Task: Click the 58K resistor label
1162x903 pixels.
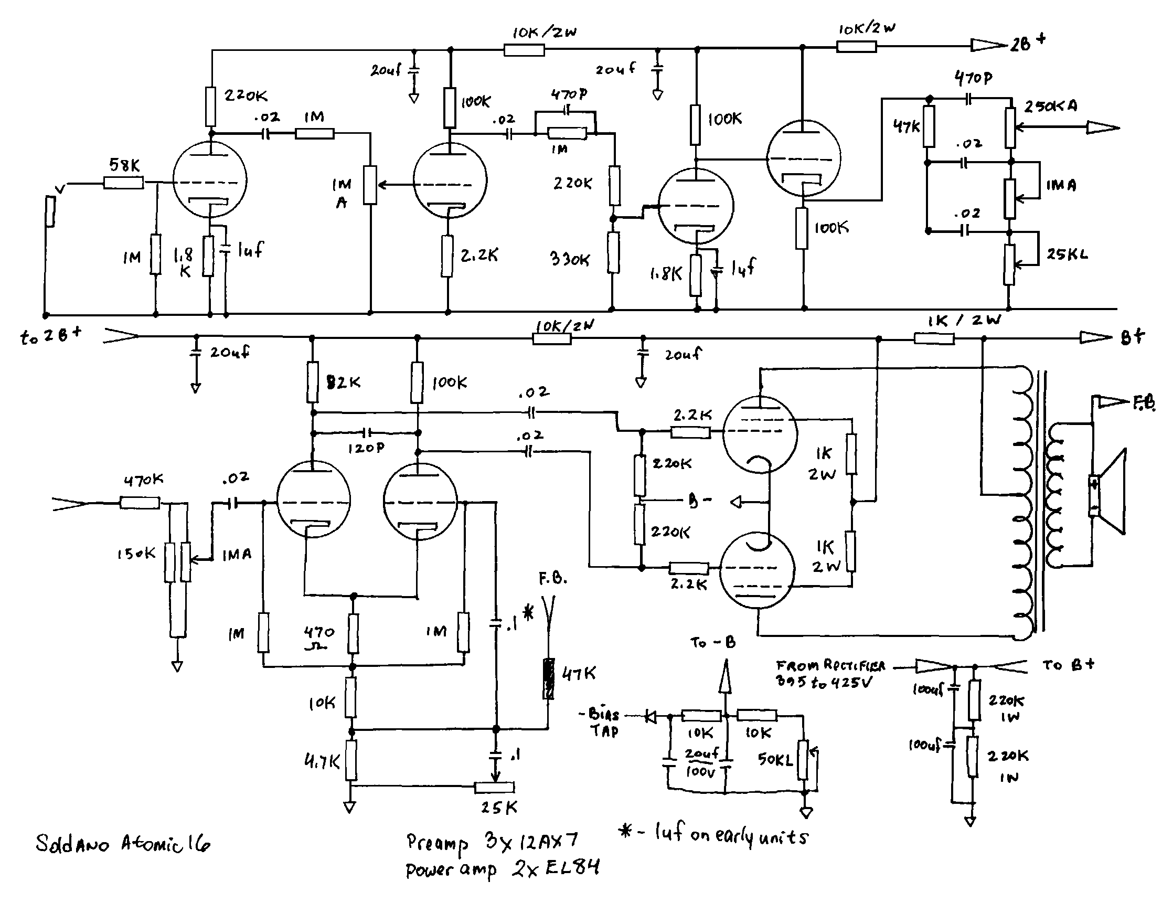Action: click(x=124, y=165)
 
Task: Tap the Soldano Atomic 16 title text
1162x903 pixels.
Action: click(x=123, y=843)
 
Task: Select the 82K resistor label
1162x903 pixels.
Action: click(x=343, y=382)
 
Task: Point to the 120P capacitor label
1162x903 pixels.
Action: click(x=366, y=448)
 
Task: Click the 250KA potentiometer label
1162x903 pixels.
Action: click(x=1051, y=107)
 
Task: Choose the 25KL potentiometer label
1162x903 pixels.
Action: click(x=1067, y=254)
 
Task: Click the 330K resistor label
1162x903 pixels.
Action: click(x=570, y=259)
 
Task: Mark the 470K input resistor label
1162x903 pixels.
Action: click(x=144, y=480)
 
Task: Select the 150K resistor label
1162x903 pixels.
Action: click(x=136, y=554)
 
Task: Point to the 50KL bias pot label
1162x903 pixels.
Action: click(x=775, y=760)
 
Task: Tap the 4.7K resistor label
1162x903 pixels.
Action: click(x=322, y=762)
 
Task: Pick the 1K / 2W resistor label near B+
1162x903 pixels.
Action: click(x=964, y=321)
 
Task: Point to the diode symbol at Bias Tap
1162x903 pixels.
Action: click(x=650, y=716)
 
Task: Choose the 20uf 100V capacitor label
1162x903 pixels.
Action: click(x=701, y=762)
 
